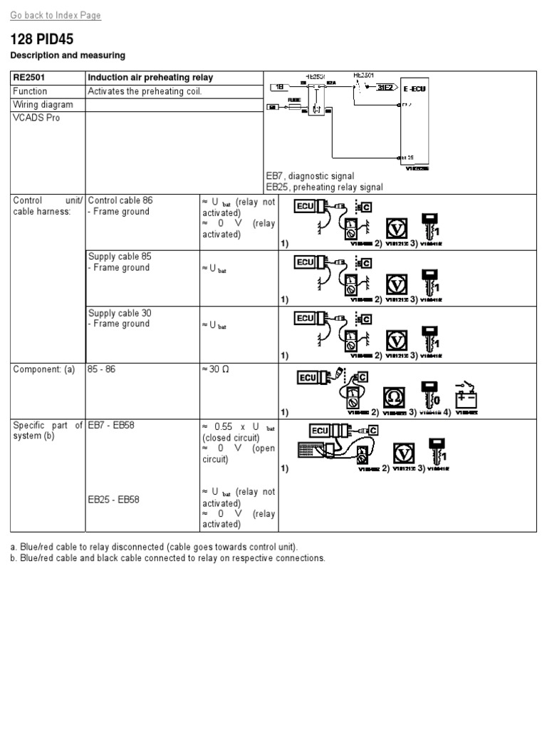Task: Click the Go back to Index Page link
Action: (56, 15)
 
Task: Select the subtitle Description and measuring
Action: (68, 55)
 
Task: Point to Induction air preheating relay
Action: (150, 77)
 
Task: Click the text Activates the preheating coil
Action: (145, 91)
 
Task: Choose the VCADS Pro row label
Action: (36, 118)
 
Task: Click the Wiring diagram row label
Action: (43, 104)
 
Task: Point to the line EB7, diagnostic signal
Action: (310, 176)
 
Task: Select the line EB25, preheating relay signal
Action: (324, 187)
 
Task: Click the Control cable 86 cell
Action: (120, 200)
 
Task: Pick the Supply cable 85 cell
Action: (120, 257)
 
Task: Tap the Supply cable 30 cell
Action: (120, 313)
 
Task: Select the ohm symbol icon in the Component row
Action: (394, 397)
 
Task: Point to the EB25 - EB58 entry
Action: (114, 499)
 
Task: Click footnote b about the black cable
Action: (167, 557)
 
